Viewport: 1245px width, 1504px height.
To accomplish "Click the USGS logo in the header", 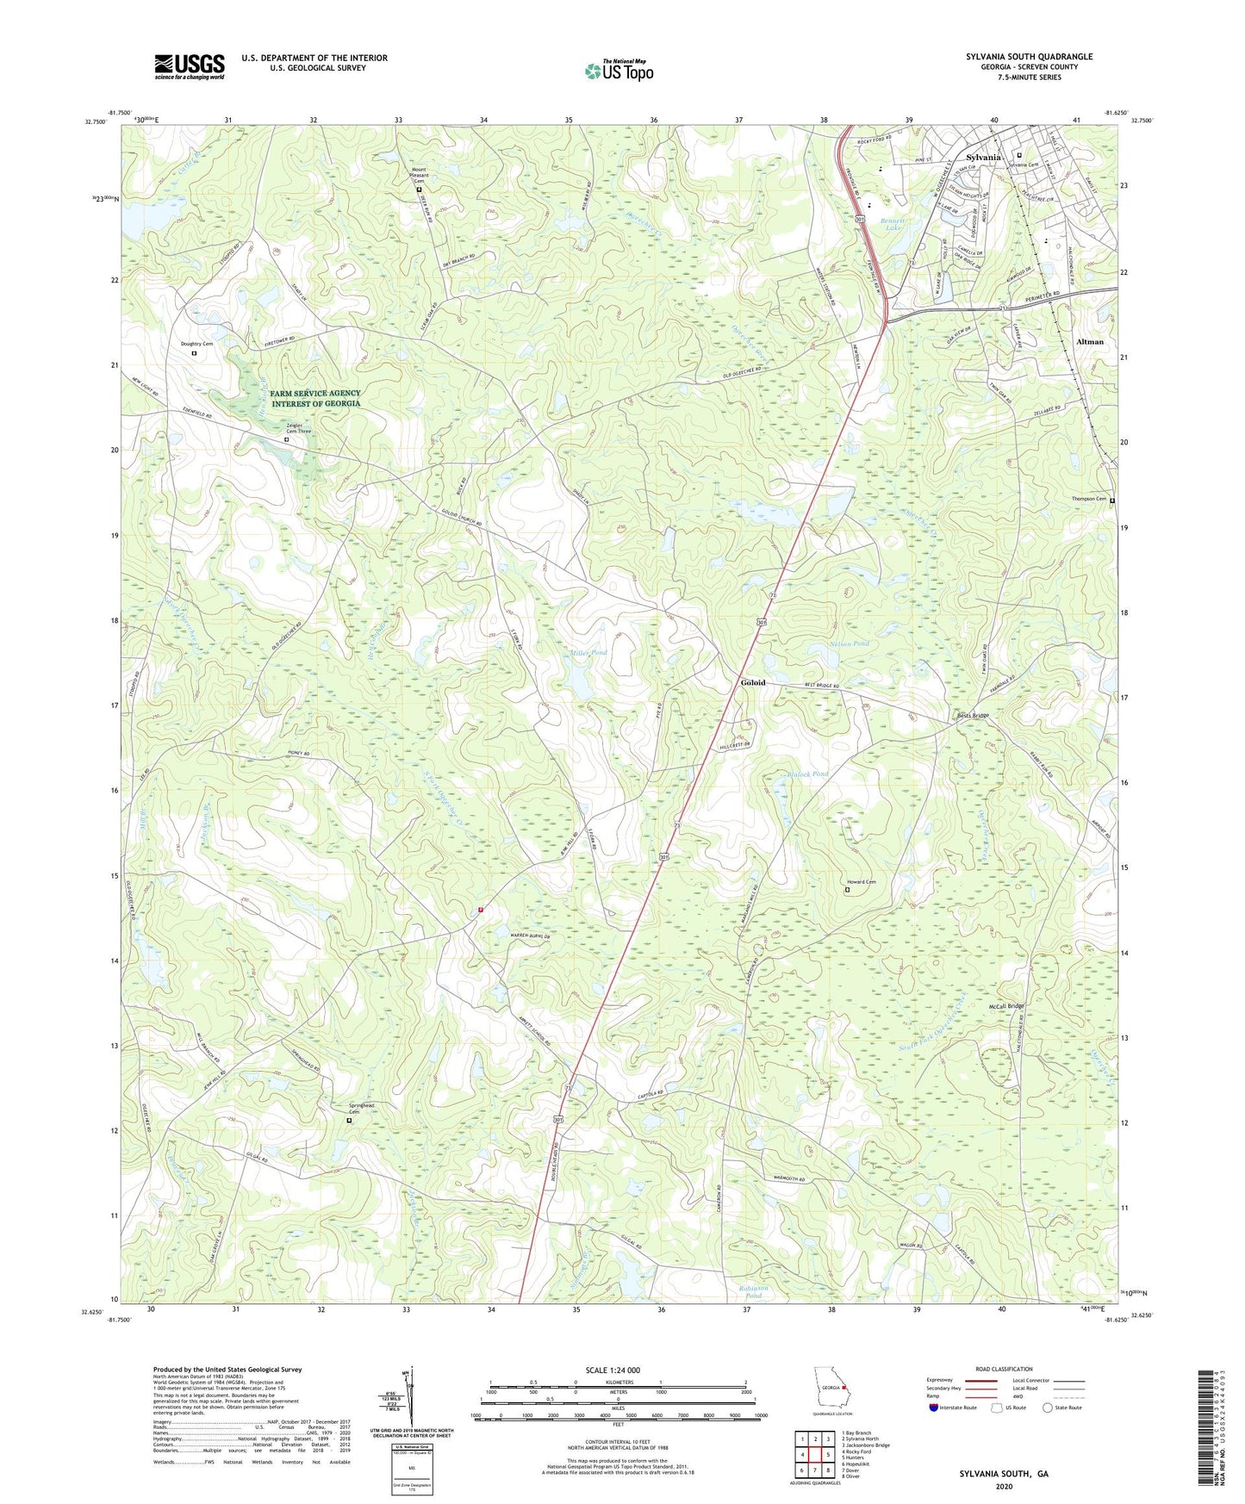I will click(x=189, y=66).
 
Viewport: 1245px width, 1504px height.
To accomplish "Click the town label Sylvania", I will click(x=983, y=158).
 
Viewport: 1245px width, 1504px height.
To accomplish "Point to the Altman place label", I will click(x=1089, y=342).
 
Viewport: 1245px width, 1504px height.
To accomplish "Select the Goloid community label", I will click(x=752, y=683).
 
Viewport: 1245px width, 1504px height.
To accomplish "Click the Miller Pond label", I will click(x=588, y=653).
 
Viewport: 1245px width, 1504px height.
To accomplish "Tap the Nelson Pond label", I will click(x=850, y=644).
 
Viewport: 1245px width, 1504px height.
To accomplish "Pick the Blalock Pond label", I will click(x=807, y=774).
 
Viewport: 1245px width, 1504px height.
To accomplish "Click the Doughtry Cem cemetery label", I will click(x=196, y=344).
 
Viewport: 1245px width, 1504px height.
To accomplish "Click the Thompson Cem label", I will click(x=1088, y=499).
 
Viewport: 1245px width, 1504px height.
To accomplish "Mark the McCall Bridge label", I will click(x=1005, y=1006).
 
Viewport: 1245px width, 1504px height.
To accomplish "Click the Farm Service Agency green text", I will click(x=314, y=398).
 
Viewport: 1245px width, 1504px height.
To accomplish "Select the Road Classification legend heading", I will click(x=1003, y=1369).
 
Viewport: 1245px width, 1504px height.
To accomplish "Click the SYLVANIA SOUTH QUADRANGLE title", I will click(x=1029, y=57).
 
